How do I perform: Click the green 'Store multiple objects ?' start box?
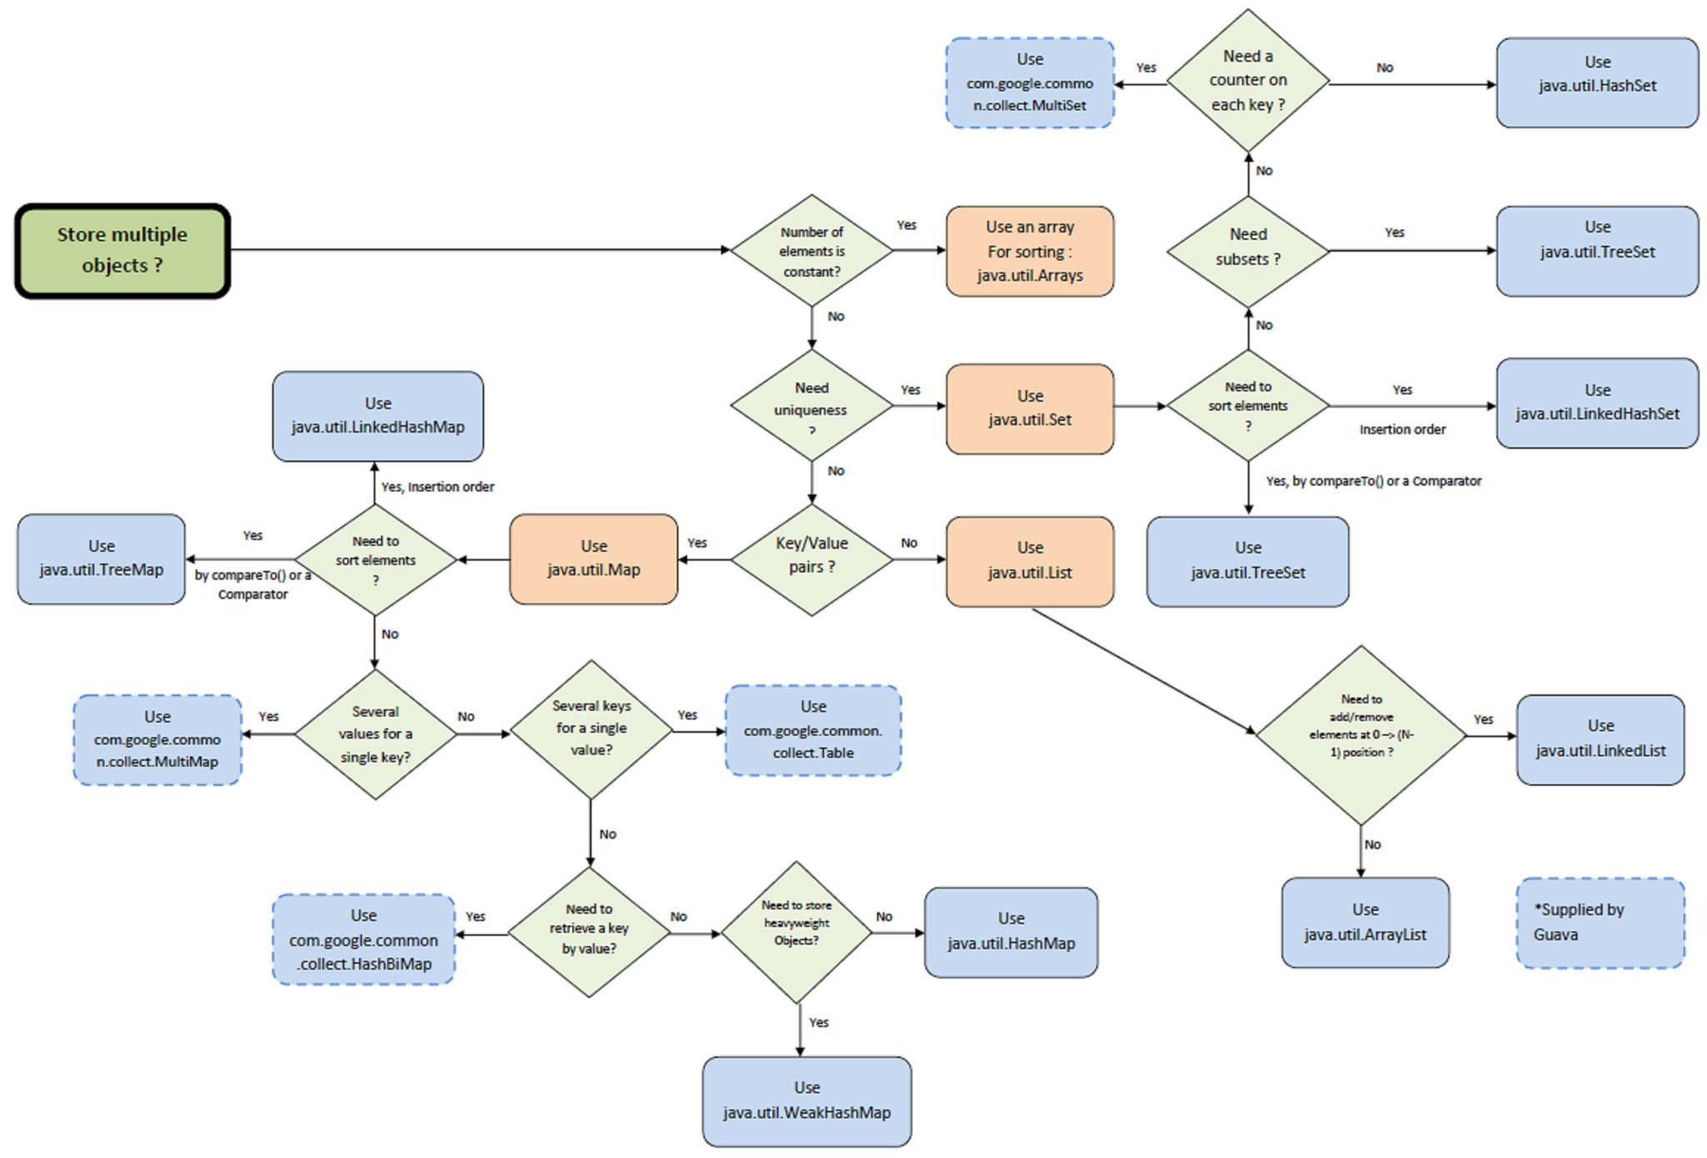tap(122, 250)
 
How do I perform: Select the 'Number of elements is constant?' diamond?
tap(811, 251)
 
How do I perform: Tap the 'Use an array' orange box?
tap(1029, 251)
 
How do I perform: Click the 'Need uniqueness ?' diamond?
tap(811, 406)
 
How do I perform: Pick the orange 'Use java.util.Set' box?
tap(1029, 408)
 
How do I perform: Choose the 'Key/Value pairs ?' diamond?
tap(811, 559)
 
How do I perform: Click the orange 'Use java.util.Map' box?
tap(593, 559)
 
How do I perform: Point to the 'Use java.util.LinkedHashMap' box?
tap(378, 415)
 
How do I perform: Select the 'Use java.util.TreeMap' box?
tap(101, 559)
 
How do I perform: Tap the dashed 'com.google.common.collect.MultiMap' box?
tap(157, 739)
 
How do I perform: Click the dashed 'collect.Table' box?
tap(813, 730)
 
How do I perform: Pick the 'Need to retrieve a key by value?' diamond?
tap(589, 931)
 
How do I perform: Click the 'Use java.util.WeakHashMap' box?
tap(806, 1100)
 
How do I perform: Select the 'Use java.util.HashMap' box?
tap(1010, 931)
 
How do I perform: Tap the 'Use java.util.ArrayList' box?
tap(1364, 922)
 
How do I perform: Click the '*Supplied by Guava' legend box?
tap(1599, 922)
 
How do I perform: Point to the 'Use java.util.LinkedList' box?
tap(1599, 739)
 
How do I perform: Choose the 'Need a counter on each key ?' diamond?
tap(1247, 81)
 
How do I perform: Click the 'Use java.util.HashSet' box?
tap(1596, 82)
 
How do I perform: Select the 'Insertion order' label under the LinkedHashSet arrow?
tap(1402, 429)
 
